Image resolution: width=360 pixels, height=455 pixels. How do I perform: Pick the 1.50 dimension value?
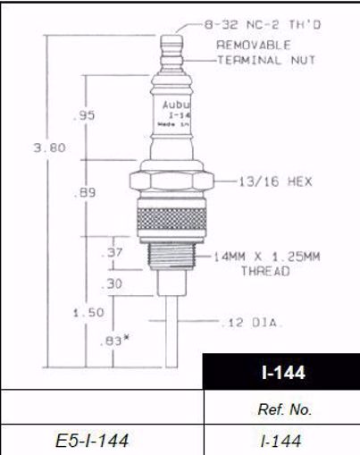[88, 312]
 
